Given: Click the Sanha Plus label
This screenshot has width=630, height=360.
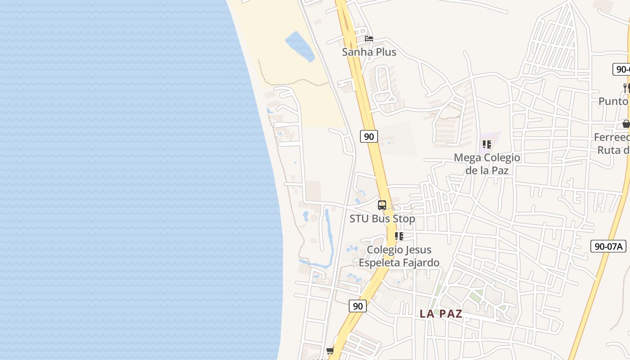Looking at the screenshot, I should pos(369,52).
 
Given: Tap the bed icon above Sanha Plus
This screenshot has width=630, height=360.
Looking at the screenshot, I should pos(369,39).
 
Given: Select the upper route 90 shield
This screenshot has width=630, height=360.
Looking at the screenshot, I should pos(369,136).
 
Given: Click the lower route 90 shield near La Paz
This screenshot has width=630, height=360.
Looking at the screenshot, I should pos(357,306).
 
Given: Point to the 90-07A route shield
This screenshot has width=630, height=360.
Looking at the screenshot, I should pos(608,246).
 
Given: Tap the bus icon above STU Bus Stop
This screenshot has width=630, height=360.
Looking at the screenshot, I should pos(382,205).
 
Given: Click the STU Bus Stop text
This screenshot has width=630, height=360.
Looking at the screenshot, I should pos(382,219).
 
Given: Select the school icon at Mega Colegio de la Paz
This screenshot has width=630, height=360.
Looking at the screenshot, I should pos(486,144).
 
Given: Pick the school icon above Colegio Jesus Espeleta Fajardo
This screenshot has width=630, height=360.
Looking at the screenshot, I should pos(399,236).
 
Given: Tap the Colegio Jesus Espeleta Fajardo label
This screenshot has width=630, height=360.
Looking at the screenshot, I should pos(399,256).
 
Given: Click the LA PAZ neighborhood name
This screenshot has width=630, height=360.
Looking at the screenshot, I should pos(441,314).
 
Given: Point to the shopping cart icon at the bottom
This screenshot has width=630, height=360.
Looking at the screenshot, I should pos(330,351).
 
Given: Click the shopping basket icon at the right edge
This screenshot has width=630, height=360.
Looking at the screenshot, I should pos(626,124).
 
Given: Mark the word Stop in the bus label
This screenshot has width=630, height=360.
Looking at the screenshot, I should pos(404,219).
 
